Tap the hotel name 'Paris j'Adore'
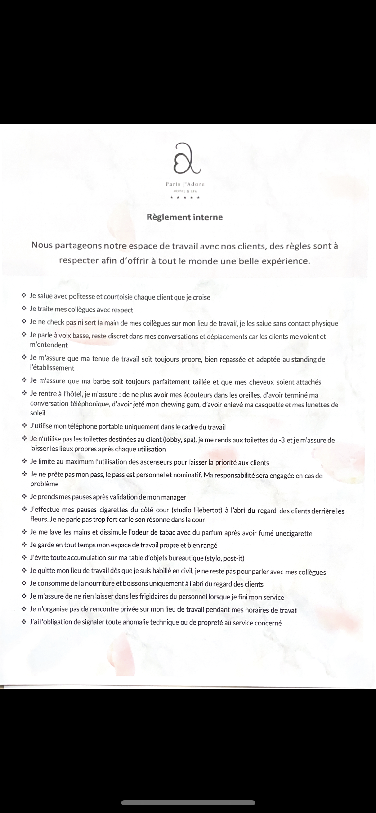tap(185, 184)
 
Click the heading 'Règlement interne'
tap(185, 217)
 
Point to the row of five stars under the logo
tap(185, 197)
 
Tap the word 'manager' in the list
tap(173, 497)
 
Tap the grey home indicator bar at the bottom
tap(188, 803)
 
